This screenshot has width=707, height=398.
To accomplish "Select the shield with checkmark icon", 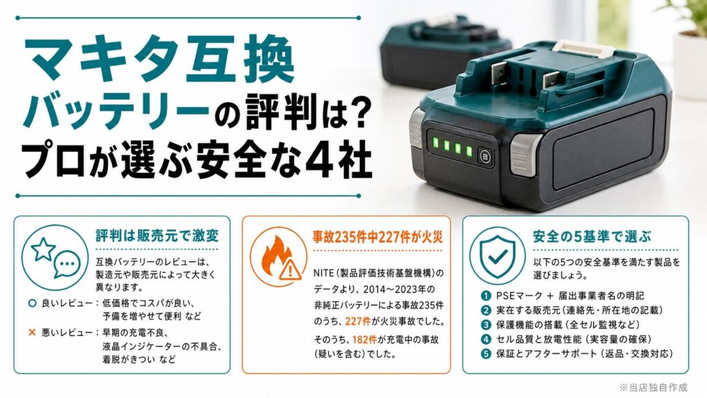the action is [497, 256].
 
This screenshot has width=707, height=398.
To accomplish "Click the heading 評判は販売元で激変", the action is [157, 236].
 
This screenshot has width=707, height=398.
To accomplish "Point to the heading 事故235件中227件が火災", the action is [378, 237].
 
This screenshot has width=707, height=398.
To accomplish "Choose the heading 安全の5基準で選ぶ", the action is [592, 236].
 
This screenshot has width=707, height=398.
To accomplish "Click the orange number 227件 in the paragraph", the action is [358, 321].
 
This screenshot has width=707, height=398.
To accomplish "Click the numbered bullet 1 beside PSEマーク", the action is [485, 296].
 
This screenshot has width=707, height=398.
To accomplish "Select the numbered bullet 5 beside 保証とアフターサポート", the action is [485, 354].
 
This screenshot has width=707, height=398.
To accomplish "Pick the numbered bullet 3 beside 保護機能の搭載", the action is [485, 325].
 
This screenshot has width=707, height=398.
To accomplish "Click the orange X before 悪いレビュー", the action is [32, 332].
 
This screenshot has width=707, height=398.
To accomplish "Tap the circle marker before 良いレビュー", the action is [32, 303].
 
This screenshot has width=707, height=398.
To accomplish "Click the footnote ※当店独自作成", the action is [653, 387].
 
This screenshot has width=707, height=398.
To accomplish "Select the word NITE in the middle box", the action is [323, 273].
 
